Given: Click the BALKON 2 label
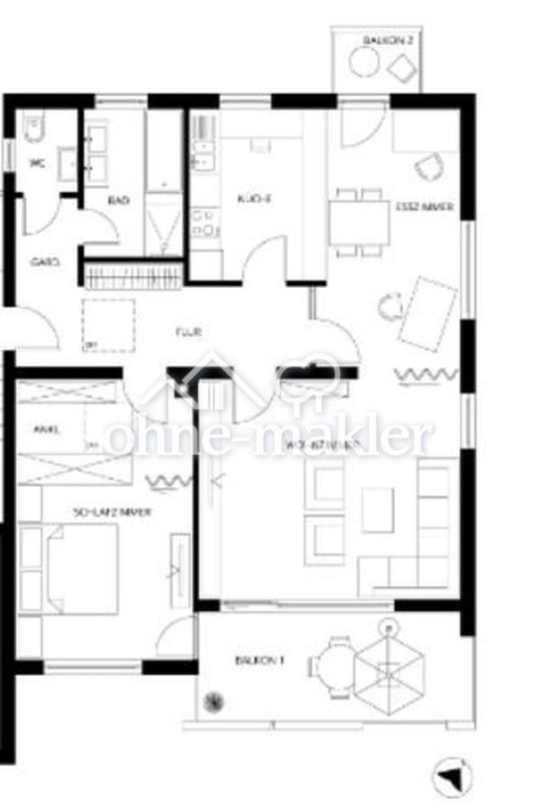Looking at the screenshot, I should point(386,40).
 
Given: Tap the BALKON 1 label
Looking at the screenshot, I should point(259,660).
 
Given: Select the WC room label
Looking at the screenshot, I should point(37,164).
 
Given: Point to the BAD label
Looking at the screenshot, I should point(118,200).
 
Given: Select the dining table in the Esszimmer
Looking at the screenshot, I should point(359,222).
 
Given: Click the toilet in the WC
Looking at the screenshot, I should point(34,131).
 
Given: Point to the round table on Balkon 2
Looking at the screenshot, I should point(365,63).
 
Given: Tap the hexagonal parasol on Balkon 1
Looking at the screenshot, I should point(388,670).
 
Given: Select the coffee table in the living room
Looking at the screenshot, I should point(377,509).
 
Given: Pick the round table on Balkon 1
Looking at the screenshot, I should point(339,666).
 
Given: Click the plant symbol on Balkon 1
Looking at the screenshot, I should point(216,700).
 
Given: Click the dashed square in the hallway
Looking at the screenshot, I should point(108,324).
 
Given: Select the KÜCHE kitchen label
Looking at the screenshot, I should point(247,199).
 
